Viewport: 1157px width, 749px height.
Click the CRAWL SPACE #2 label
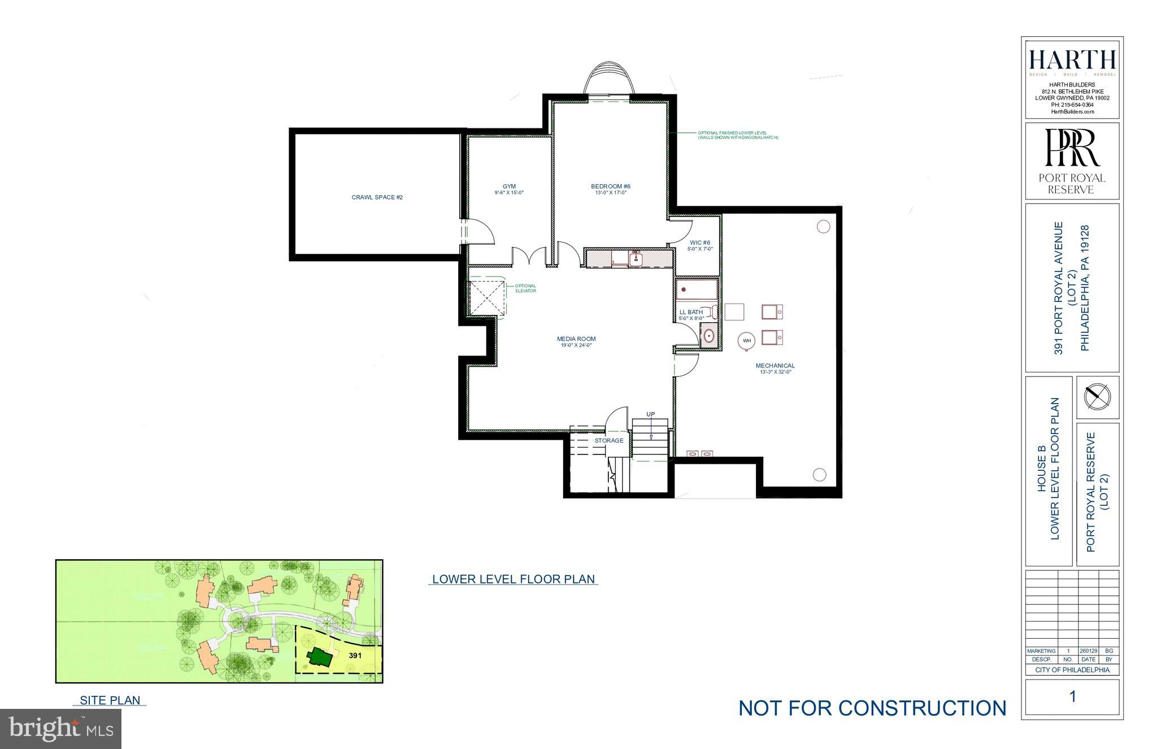(377, 197)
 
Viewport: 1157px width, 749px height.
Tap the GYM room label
(509, 187)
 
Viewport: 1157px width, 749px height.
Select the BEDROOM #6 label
(610, 187)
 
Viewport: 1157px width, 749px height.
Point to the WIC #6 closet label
(699, 243)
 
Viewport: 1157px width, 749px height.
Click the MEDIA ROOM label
(576, 339)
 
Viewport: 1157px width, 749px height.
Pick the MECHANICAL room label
(775, 366)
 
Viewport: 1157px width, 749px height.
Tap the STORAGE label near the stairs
(609, 440)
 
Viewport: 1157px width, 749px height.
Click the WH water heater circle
(747, 340)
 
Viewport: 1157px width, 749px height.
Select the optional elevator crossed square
(485, 297)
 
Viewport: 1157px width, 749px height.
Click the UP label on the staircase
(651, 414)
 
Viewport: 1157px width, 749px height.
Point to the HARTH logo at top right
(1072, 60)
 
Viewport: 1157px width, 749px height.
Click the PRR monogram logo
(1072, 148)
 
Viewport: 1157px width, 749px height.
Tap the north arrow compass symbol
(1097, 396)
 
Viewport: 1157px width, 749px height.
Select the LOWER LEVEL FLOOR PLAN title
(513, 579)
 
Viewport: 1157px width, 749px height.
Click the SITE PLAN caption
(110, 700)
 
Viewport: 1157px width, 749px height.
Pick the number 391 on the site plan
(355, 656)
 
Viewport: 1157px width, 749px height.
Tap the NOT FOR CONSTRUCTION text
(872, 708)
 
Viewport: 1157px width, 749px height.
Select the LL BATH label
(691, 312)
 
